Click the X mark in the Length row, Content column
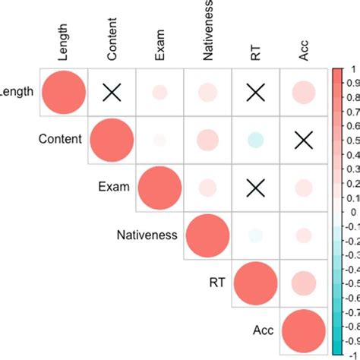click(112, 93)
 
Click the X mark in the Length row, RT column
click(255, 93)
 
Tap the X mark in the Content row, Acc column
click(303, 140)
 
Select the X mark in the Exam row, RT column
click(255, 188)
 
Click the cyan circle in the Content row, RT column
click(255, 140)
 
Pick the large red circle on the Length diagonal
click(64, 93)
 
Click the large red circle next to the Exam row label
click(159, 188)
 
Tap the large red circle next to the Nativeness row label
click(207, 235)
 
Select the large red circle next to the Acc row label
click(303, 331)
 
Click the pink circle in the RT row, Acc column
click(303, 283)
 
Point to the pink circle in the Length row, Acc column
click(303, 93)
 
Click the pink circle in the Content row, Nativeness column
click(207, 140)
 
